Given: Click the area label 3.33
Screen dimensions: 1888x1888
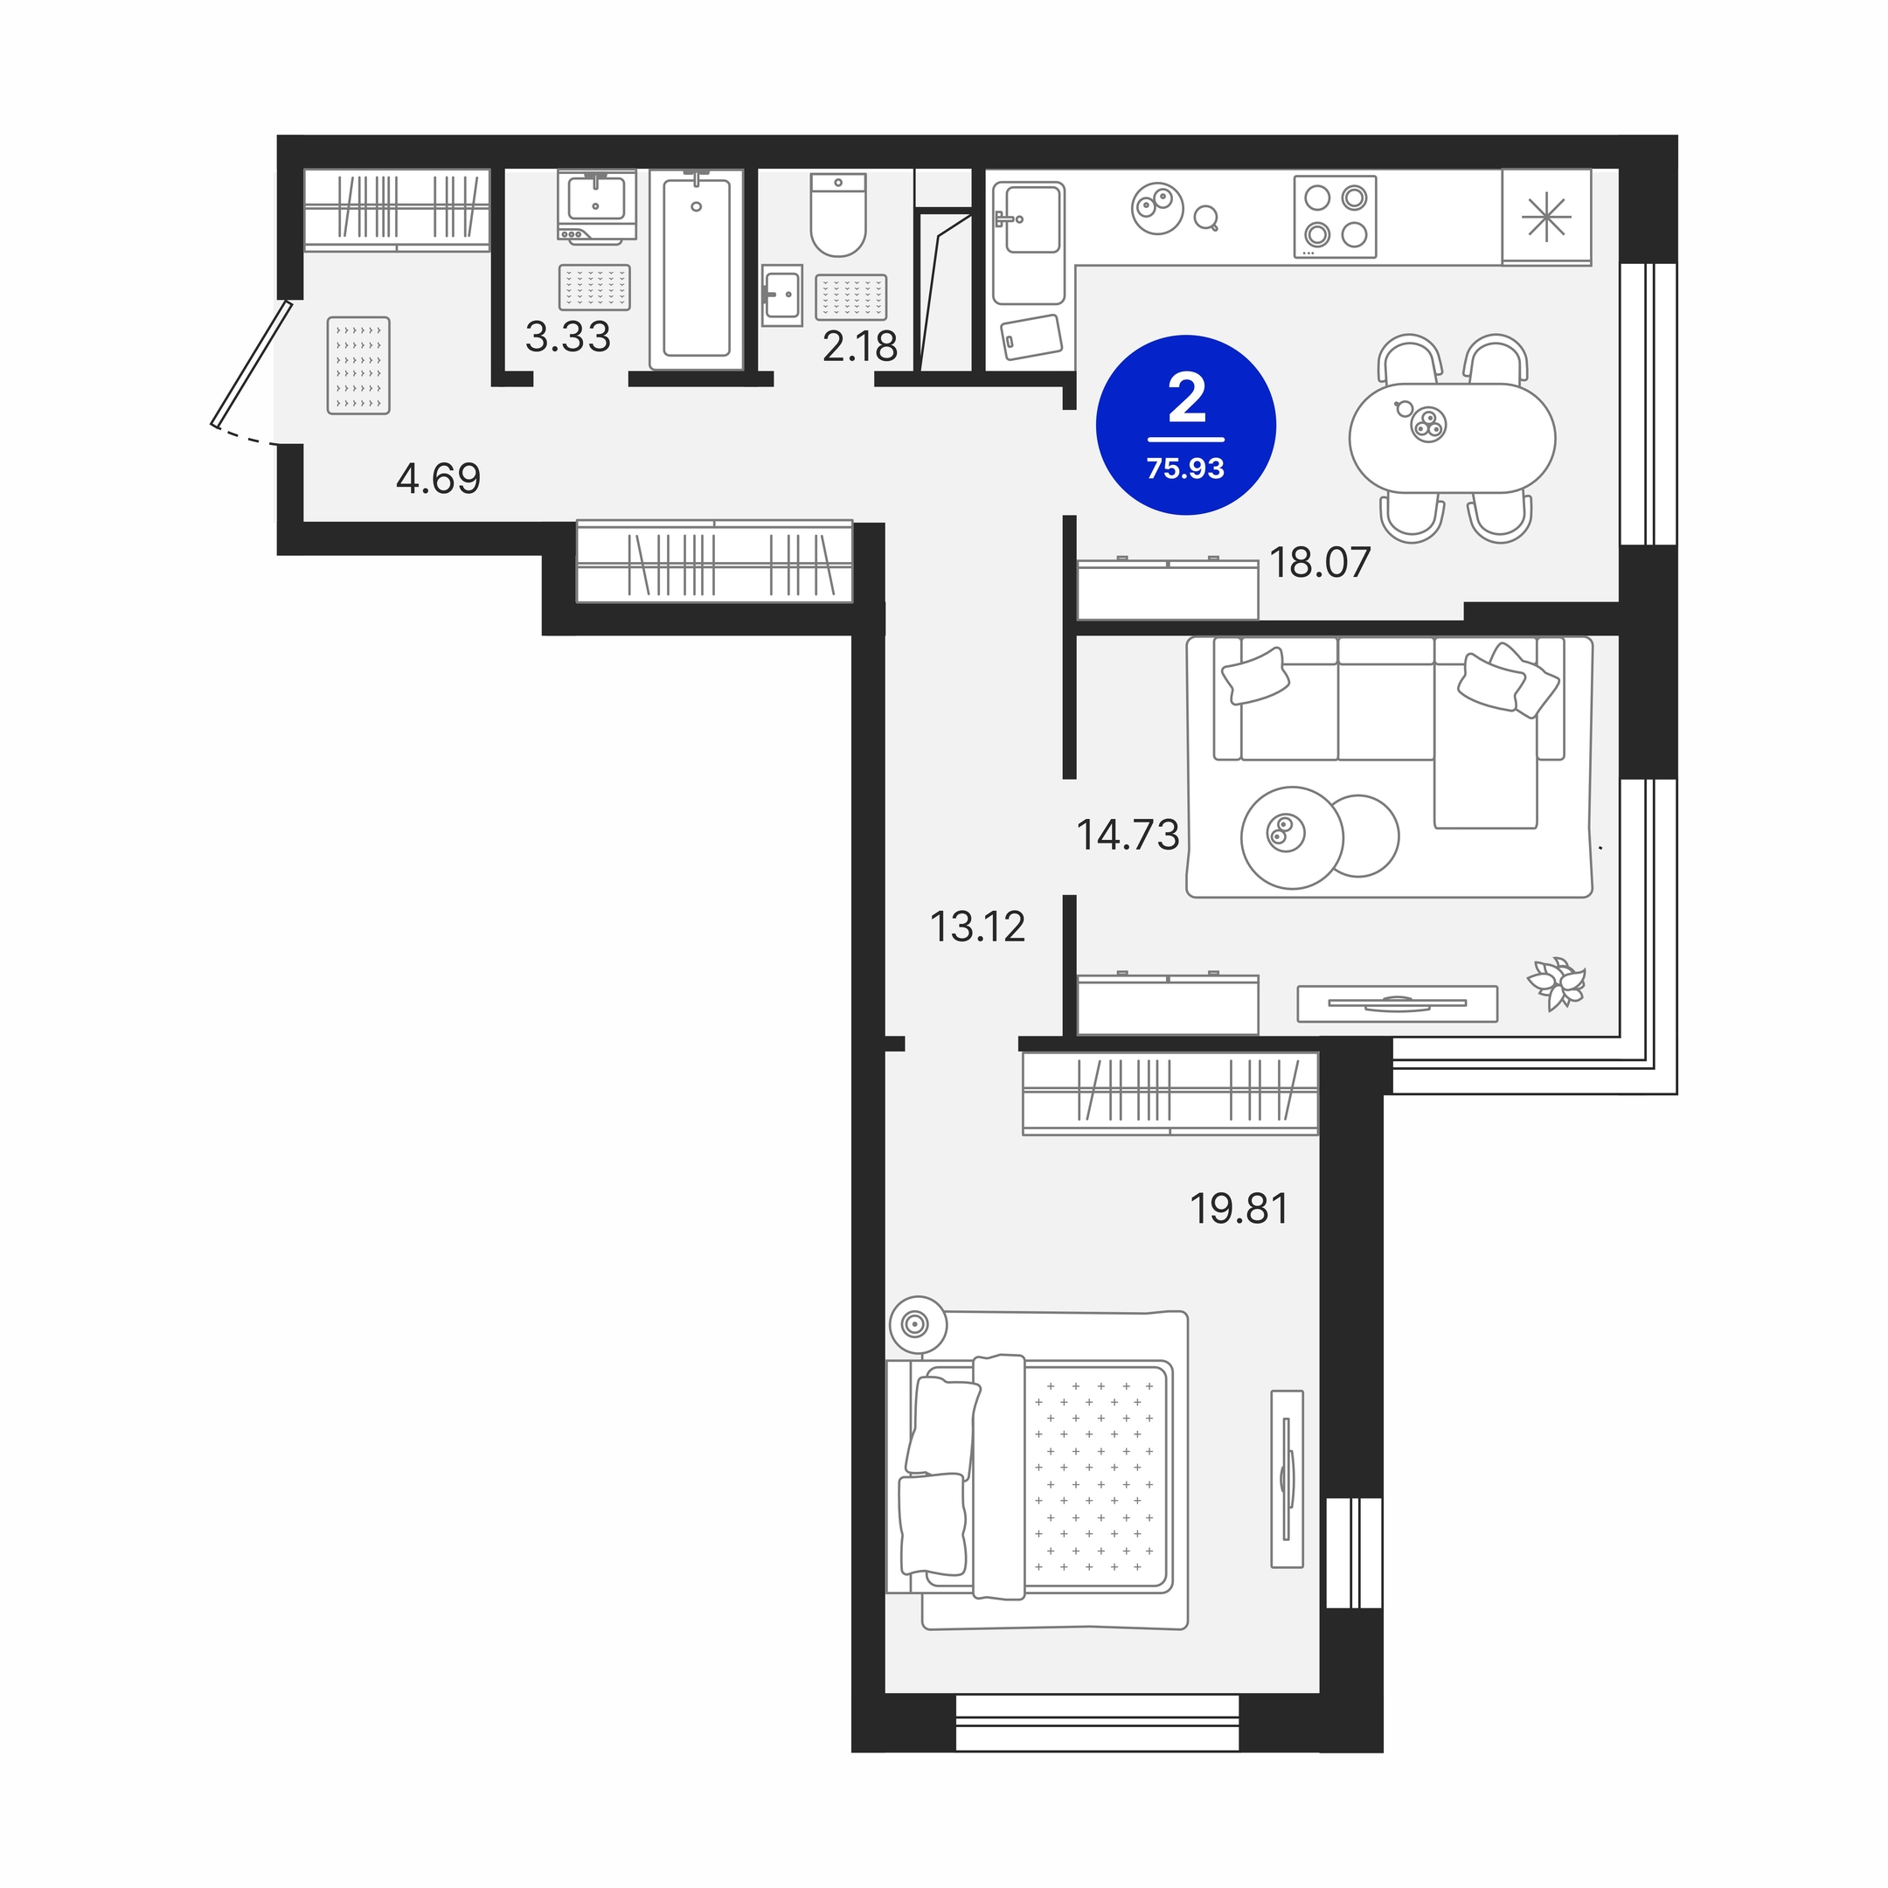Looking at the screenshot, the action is [568, 337].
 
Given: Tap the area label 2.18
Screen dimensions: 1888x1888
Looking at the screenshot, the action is [860, 347].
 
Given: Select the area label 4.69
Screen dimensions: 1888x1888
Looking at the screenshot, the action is [439, 479].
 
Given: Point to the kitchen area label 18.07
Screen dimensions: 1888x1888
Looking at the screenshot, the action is [1320, 563].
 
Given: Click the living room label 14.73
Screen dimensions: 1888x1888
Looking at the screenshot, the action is [1128, 836].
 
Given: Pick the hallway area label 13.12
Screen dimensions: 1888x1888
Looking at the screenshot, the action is [977, 927].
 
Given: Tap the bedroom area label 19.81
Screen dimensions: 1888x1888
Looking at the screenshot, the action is [1239, 1210].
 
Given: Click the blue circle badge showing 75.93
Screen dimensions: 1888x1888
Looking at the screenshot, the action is [1186, 425].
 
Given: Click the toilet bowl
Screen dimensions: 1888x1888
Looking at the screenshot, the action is [838, 215].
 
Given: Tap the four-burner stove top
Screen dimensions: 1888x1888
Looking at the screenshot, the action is [1335, 216].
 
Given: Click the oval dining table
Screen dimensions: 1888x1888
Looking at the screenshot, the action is [1452, 438].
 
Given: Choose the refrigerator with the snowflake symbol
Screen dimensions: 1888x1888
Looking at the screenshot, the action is [1547, 217].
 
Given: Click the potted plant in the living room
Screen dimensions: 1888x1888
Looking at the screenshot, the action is [1557, 983].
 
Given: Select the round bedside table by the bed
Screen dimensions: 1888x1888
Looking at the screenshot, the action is [918, 1325].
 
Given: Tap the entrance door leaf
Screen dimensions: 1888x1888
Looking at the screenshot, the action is [252, 365].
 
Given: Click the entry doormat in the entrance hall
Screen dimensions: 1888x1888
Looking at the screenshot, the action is [358, 365].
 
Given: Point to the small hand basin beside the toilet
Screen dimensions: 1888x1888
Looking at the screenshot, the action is [781, 295].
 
